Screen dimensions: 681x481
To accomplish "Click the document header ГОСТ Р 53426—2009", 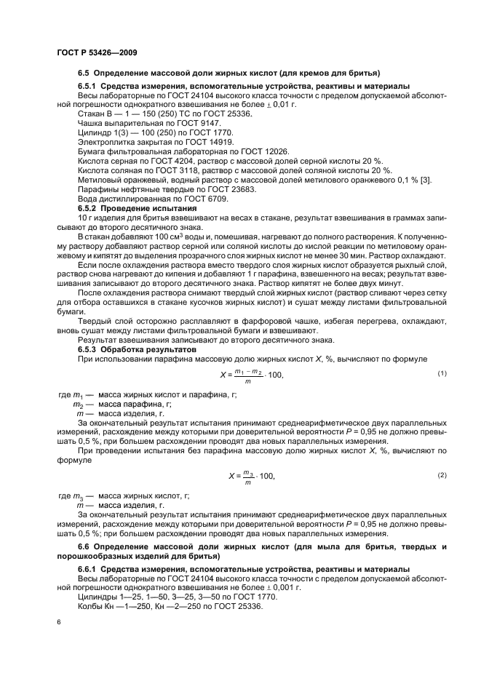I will click(x=97, y=53).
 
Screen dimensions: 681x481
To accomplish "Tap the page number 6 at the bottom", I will click(x=59, y=622).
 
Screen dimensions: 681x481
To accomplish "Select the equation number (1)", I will click(x=441, y=373).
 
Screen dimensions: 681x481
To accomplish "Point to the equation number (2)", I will click(x=441, y=475).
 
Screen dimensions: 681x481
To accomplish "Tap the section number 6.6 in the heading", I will click(x=84, y=546).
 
